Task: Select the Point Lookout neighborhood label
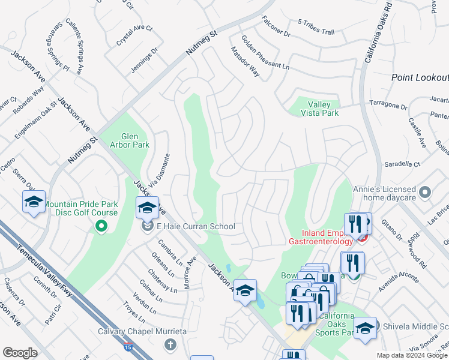(420, 77)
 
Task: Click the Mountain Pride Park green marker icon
(101, 226)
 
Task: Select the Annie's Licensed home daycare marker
(425, 193)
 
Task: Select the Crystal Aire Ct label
(135, 37)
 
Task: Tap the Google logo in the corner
(20, 353)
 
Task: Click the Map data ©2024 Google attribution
(412, 355)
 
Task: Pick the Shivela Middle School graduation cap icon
(365, 329)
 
